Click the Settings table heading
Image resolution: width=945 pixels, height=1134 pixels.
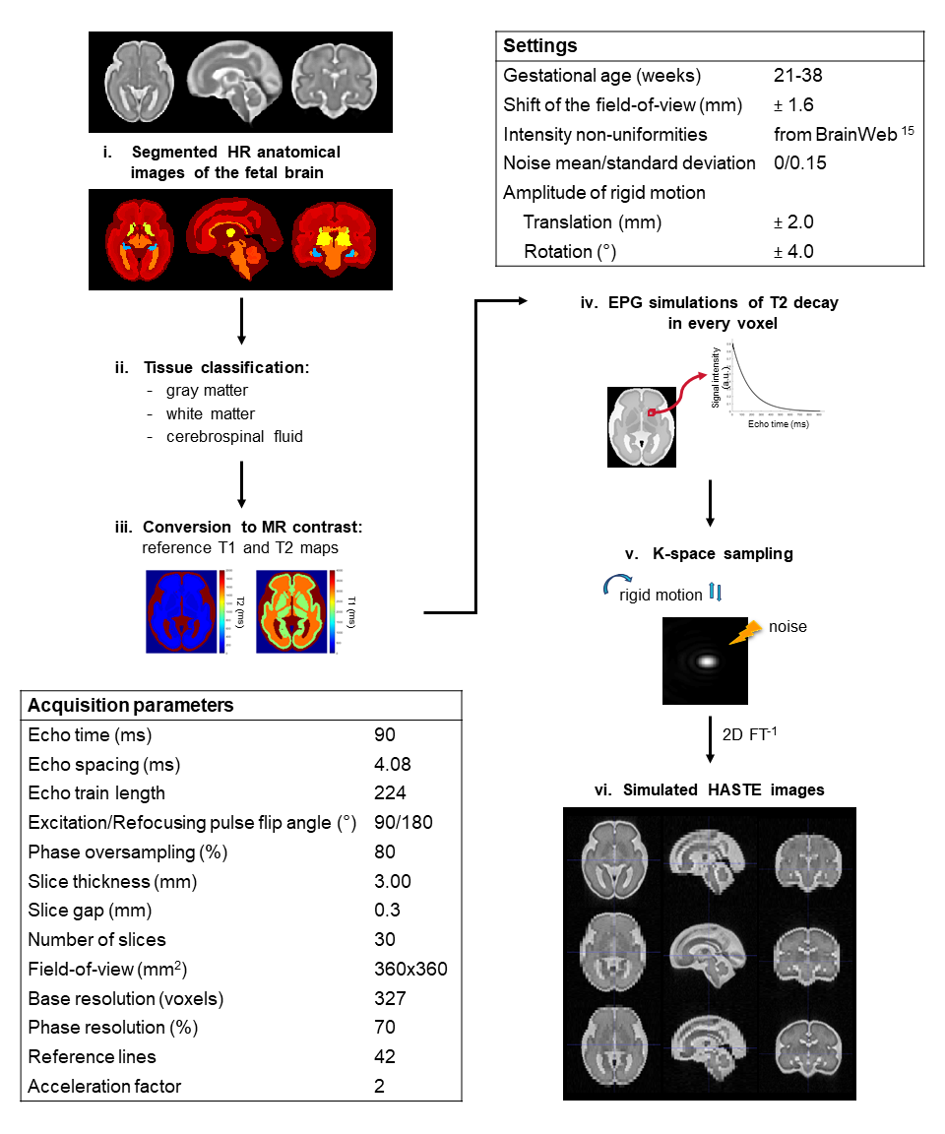(x=540, y=46)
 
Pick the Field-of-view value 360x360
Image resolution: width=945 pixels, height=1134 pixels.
(x=410, y=969)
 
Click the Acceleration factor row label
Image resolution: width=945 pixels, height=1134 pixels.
(x=104, y=1086)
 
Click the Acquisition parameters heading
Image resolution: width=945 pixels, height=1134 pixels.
(x=131, y=706)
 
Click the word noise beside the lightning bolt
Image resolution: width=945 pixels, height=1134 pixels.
(x=787, y=626)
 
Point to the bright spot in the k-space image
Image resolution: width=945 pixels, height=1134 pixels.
(x=706, y=661)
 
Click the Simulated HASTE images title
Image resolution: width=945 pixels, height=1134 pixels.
(x=709, y=789)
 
